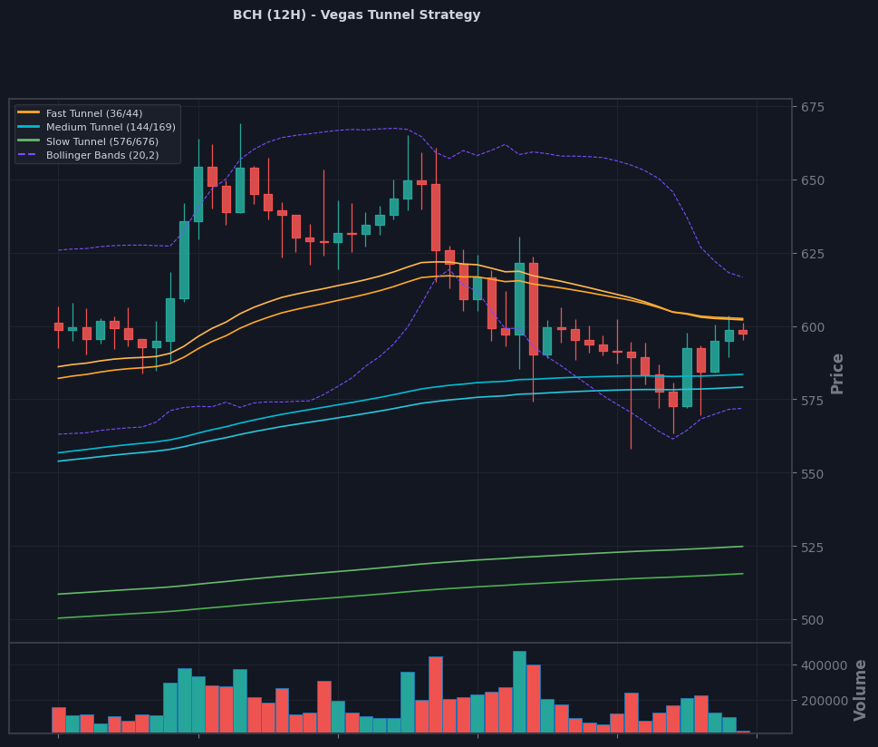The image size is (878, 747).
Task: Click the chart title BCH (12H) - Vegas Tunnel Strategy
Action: point(357,15)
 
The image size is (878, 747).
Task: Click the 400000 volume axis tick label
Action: point(825,665)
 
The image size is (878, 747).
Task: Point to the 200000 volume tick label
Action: point(825,701)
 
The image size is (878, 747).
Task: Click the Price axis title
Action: point(837,373)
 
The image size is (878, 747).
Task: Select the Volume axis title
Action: point(860,691)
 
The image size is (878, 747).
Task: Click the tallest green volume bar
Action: point(519,692)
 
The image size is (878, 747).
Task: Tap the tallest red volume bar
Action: point(436,695)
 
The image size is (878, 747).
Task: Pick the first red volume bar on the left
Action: point(59,720)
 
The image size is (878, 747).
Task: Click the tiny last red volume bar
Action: point(743,732)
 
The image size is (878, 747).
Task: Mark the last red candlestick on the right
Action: point(743,333)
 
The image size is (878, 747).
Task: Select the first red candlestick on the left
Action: point(59,326)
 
